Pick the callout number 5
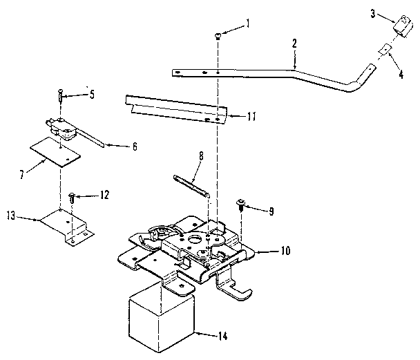93,94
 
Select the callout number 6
134,146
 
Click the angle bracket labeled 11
176,109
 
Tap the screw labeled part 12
72,198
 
